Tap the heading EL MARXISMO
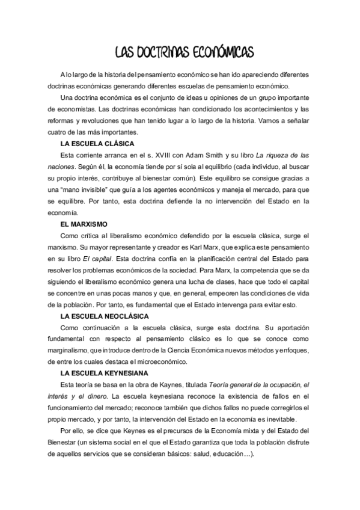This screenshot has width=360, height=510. (84, 223)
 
